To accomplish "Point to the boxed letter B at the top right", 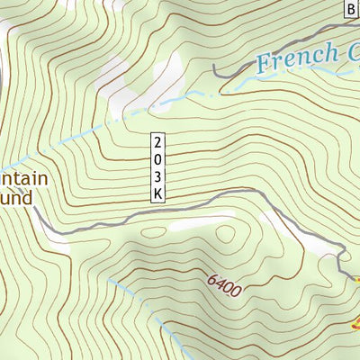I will pos(351,9).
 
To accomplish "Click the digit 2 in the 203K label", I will pos(157,142).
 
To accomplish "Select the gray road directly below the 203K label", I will pos(158,212).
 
